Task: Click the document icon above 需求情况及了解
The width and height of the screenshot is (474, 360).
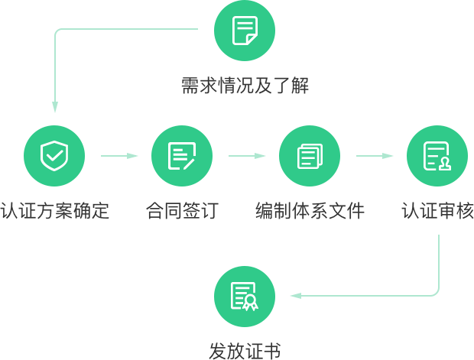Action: point(245,31)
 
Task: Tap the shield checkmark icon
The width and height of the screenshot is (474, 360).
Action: point(54,156)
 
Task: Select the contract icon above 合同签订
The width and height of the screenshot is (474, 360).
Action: point(182,156)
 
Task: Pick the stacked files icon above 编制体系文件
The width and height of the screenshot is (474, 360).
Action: point(310,156)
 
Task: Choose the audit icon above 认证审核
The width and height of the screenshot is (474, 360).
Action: point(437,156)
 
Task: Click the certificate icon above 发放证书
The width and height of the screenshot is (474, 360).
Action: point(244,296)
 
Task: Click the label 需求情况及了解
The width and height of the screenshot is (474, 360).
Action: point(245,86)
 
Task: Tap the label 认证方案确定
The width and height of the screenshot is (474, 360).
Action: point(54,210)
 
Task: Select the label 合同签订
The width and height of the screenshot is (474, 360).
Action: point(182,210)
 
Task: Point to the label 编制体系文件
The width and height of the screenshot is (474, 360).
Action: point(310,210)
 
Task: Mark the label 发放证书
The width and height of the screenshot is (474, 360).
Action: point(245,351)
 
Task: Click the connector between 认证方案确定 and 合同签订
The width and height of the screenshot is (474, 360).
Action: point(119,156)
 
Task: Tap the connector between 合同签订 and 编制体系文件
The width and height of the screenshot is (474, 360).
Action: point(246,156)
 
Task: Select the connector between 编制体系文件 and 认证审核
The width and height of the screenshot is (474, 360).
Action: point(375,156)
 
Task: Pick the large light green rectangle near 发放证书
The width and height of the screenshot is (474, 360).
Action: point(366,265)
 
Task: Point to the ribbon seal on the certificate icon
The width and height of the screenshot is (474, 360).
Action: point(250,303)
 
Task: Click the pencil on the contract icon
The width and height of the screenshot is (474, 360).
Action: point(189,161)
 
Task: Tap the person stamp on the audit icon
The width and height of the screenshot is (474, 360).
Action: point(444,163)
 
